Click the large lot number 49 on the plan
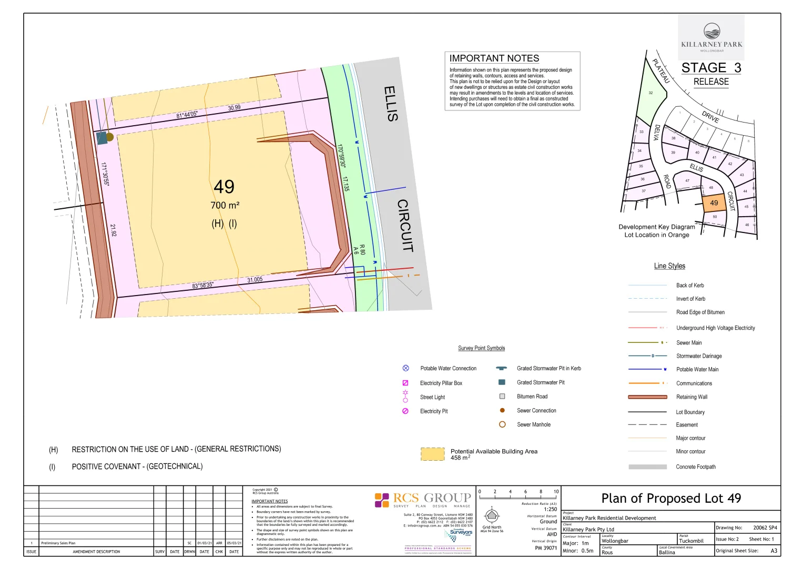click(x=224, y=187)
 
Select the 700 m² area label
click(x=225, y=206)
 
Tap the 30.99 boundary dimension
click(x=234, y=108)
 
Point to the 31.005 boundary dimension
click(x=255, y=280)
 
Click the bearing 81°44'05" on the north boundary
click(x=187, y=115)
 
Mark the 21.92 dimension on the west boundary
click(x=113, y=230)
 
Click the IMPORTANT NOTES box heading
click(x=494, y=58)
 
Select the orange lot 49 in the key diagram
click(x=714, y=202)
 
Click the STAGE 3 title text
click(x=711, y=68)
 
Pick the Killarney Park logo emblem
click(x=711, y=31)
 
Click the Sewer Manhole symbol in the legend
click(x=502, y=424)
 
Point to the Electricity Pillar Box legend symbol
click(x=405, y=383)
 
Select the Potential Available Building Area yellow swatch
click(x=432, y=454)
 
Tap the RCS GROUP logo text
click(x=431, y=498)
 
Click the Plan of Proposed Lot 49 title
click(x=670, y=498)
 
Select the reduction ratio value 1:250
click(x=550, y=509)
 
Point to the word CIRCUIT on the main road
click(x=404, y=226)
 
